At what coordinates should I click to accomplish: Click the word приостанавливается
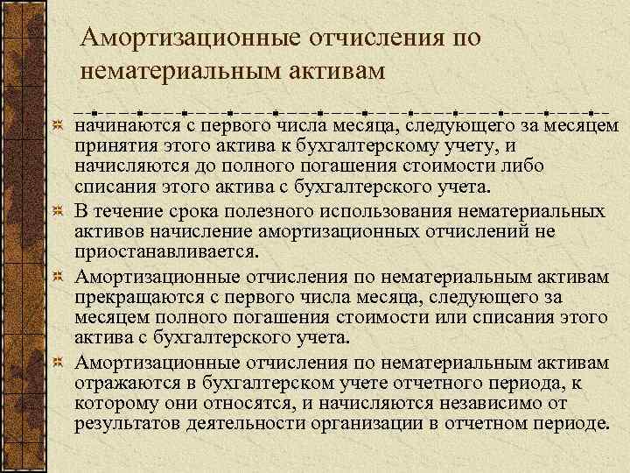[x=166, y=252]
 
